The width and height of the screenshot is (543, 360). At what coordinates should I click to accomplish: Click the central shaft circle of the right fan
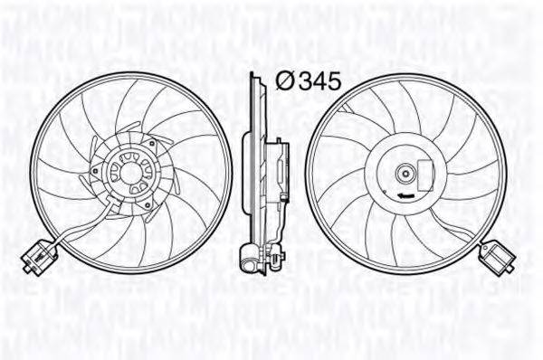tap(407, 172)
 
